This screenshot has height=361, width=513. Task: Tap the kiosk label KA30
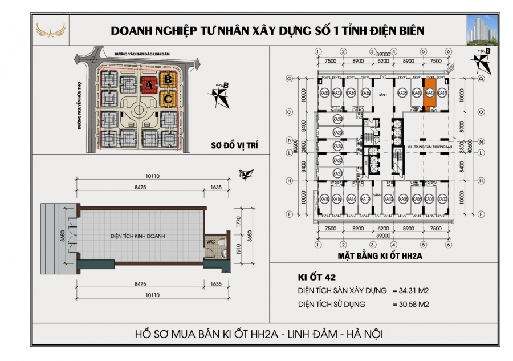[324, 93]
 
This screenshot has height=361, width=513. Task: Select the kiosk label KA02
[443, 199]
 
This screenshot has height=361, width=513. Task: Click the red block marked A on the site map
[149, 85]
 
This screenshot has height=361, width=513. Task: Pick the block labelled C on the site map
[168, 98]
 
